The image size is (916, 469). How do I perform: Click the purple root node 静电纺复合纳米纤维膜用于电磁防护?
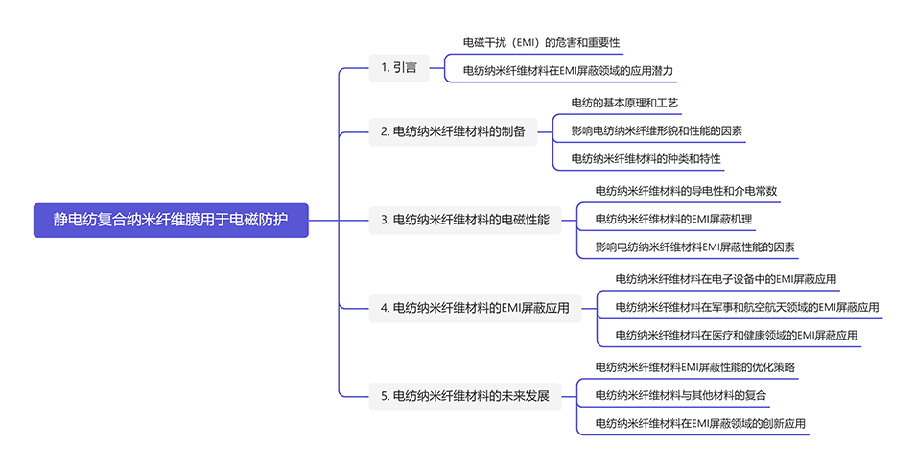point(171,220)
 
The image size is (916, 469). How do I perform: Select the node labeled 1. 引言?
point(398,67)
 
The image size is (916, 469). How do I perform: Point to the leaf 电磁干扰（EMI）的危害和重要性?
point(541,43)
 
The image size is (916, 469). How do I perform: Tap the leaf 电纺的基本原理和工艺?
point(624,103)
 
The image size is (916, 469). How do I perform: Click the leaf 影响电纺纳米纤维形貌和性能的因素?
point(656,130)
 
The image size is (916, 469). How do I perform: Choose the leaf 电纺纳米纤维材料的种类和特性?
point(646,158)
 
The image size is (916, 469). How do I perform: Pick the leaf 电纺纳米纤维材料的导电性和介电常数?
point(686,191)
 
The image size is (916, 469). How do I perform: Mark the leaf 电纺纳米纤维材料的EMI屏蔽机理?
point(673,220)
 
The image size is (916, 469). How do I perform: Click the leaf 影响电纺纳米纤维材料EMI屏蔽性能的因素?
point(694,247)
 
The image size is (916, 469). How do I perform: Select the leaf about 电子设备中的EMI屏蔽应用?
point(725,279)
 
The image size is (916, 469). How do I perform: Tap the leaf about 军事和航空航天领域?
point(746,308)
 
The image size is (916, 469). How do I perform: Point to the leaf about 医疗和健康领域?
point(736,336)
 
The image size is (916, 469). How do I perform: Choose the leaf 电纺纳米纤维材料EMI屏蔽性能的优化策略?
point(694,367)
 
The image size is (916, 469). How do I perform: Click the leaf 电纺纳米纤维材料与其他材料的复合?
point(681,395)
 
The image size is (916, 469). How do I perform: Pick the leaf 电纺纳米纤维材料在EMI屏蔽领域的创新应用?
point(700,423)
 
